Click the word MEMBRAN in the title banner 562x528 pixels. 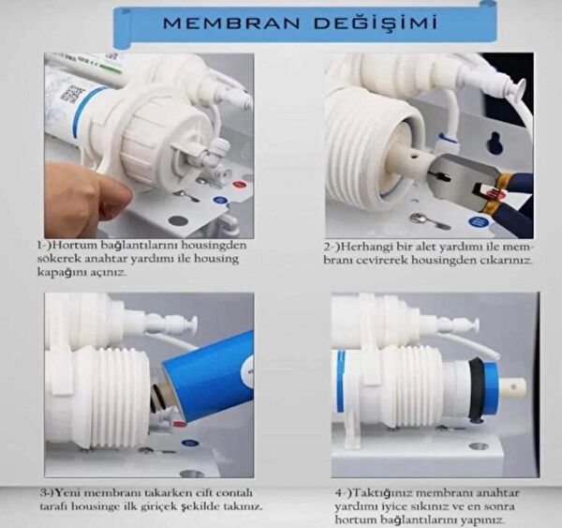point(231,23)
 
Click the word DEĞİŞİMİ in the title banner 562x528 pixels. point(376,23)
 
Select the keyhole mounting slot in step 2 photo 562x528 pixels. point(495,143)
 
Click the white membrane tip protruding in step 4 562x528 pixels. point(513,388)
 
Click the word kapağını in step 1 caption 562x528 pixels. point(56,272)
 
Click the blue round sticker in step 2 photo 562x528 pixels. point(478,220)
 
